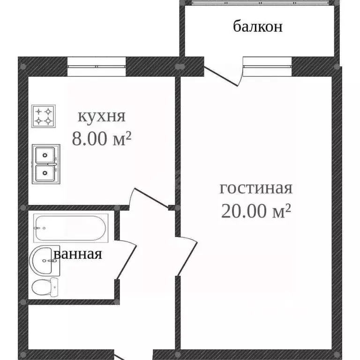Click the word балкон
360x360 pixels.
pos(257,27)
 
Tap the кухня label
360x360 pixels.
pos(101,116)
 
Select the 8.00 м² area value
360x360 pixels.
pos(100,139)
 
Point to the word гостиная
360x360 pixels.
pos(256,188)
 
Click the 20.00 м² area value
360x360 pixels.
pos(256,211)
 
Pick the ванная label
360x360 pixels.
pos(78,255)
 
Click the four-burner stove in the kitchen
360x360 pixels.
pos(44,116)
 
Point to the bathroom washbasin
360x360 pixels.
pos(45,261)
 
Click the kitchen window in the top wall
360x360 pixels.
pos(97,66)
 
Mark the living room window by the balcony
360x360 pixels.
pos(267,66)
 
